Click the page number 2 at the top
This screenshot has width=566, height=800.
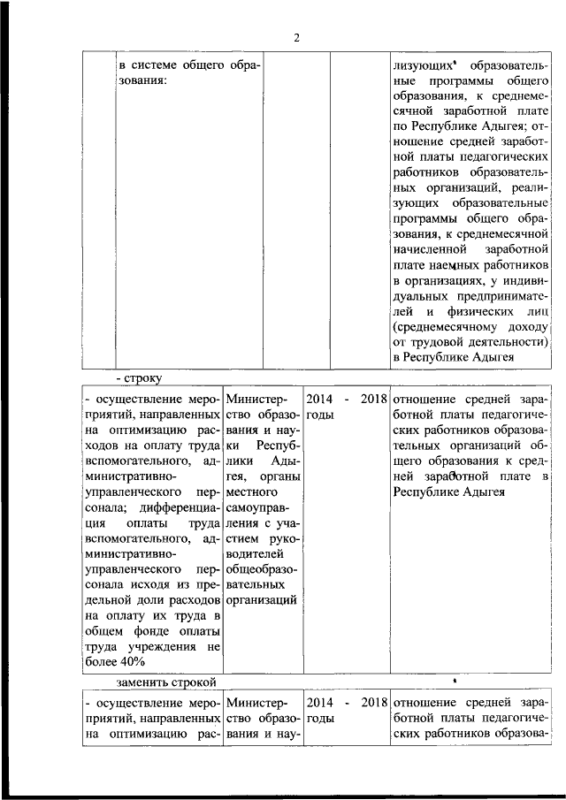[x=297, y=37]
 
